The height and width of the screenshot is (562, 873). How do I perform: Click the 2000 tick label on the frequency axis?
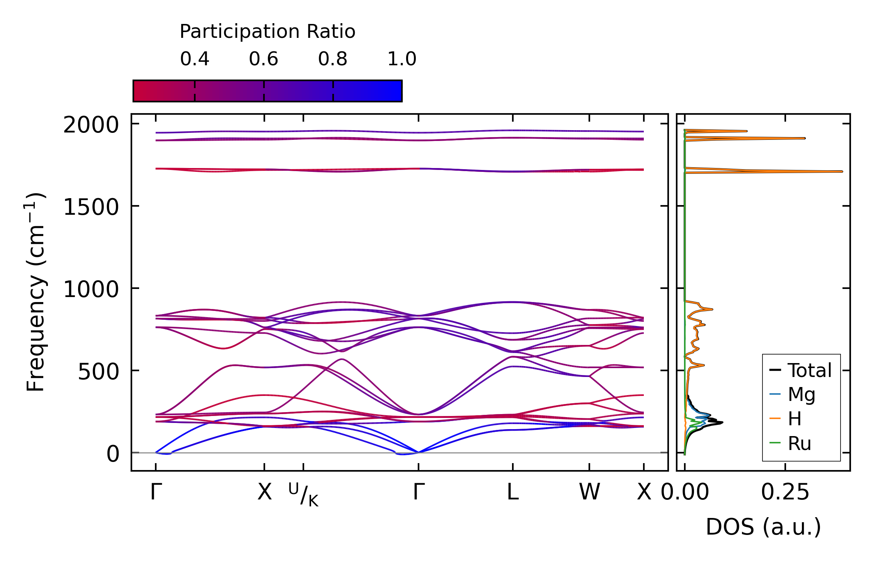(90, 125)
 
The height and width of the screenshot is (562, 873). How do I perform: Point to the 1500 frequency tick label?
(90, 207)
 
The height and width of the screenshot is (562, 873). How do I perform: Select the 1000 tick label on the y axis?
(90, 289)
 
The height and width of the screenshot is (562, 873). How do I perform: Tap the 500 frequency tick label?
(98, 372)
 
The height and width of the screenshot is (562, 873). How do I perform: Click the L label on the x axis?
(512, 492)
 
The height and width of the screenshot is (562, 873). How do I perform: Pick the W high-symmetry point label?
(589, 492)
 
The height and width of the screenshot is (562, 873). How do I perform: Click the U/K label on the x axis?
(303, 494)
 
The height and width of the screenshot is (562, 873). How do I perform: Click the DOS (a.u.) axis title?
(763, 527)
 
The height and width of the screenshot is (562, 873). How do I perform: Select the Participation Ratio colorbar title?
(267, 32)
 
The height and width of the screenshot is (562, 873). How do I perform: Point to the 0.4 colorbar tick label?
(194, 59)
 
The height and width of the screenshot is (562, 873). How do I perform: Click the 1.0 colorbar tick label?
(402, 59)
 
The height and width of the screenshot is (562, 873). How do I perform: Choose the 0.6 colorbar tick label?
(264, 59)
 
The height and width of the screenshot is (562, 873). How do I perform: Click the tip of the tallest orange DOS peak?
(842, 171)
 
